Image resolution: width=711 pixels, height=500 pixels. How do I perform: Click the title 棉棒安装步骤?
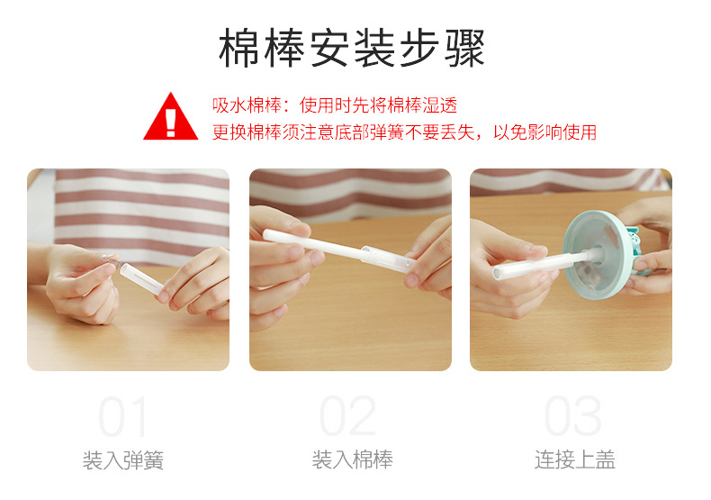[352, 49]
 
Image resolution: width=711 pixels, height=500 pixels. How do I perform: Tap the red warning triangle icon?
[171, 117]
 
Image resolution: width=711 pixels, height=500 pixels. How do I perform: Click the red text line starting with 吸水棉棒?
[335, 105]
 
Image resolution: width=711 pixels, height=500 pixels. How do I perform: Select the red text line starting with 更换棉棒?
[404, 132]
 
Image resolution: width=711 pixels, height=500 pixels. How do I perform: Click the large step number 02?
[349, 417]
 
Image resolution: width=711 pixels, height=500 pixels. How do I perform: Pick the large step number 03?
[572, 417]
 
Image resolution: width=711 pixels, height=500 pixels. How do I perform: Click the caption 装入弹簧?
[123, 461]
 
